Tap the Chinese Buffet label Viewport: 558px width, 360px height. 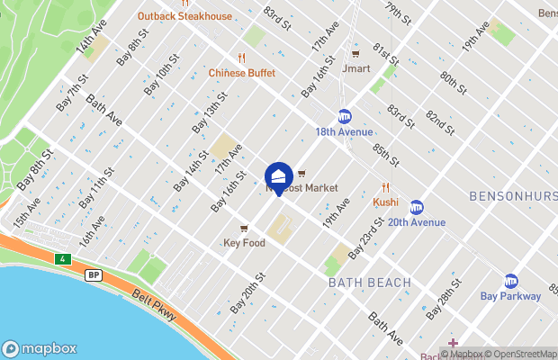tap(240, 72)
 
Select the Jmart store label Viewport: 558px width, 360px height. tap(356, 67)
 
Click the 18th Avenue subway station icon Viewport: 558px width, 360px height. tap(344, 116)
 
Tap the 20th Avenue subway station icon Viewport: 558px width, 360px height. tap(416, 207)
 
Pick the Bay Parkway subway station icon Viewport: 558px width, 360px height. tap(511, 281)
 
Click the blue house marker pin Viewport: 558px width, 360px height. tap(278, 176)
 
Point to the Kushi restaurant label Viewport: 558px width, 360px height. tap(385, 202)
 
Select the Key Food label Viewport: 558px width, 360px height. tap(244, 243)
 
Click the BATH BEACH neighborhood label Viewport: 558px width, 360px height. tap(370, 283)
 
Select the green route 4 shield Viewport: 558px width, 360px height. tap(62, 259)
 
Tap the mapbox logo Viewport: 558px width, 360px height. tap(39, 348)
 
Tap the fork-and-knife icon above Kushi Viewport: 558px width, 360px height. tap(385, 187)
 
